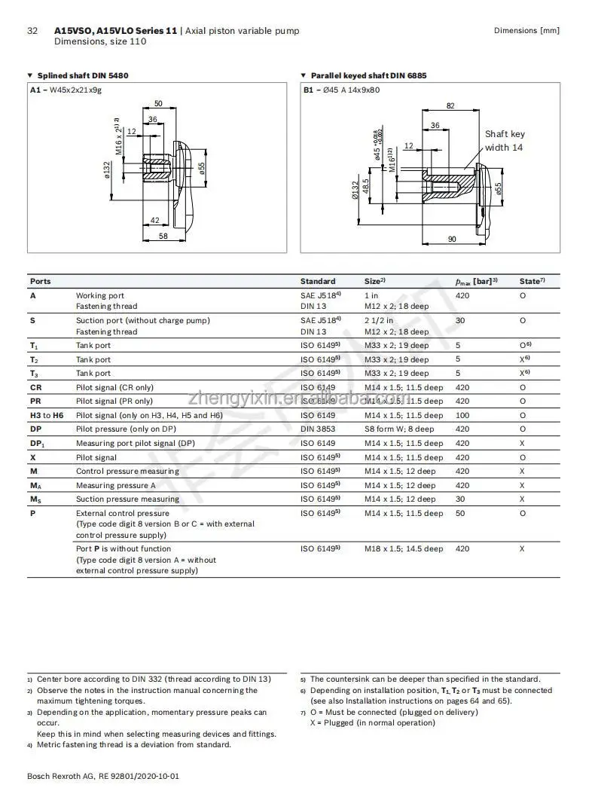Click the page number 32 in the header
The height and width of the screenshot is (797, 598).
pos(32,31)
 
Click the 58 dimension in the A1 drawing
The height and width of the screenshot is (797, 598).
pos(163,236)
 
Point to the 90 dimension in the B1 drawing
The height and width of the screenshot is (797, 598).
pos(452,239)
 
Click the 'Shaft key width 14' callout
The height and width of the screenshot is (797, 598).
pos(504,141)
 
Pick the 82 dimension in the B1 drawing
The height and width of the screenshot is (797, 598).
pos(450,105)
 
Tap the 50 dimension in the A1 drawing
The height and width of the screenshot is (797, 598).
pos(158,103)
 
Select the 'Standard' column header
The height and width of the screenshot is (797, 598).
pos(318,281)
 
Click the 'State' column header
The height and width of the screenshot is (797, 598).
pos(531,281)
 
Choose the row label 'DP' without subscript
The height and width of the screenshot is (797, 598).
pos(35,429)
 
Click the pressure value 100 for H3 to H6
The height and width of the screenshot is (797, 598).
pos(462,415)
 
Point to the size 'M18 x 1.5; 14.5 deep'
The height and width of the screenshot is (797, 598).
pos(404,548)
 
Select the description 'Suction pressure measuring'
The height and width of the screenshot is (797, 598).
pos(127,499)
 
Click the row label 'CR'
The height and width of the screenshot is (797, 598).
pos(35,387)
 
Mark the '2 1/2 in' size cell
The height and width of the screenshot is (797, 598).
pos(379,320)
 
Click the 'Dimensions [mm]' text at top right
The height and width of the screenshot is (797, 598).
pos(526,31)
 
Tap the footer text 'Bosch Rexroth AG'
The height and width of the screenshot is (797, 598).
pos(57,775)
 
